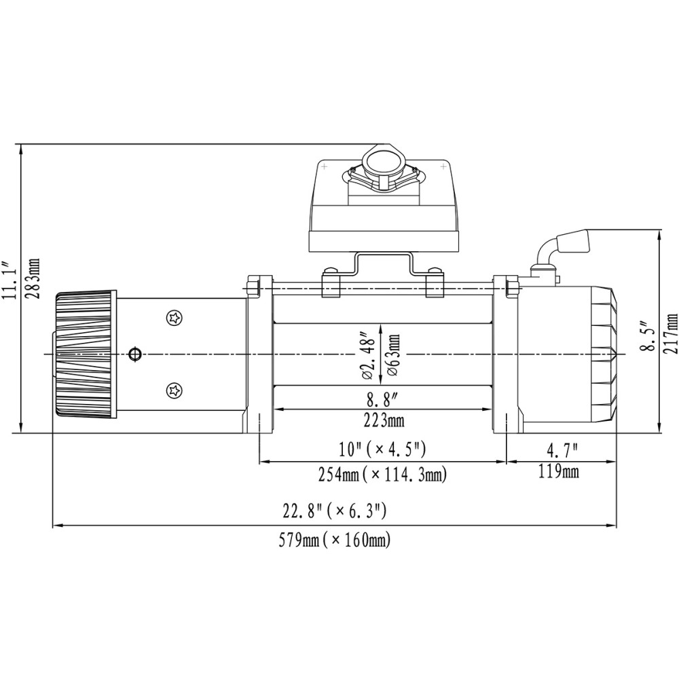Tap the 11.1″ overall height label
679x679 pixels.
[x=9, y=280]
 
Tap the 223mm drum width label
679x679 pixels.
[x=384, y=420]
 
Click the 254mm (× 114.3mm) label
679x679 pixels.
[x=382, y=475]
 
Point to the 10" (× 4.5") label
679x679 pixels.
[x=382, y=449]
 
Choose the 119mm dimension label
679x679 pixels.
[x=559, y=471]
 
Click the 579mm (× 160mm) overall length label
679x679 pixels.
[x=334, y=540]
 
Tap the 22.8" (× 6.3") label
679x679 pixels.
[x=334, y=511]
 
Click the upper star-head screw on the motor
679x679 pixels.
[x=175, y=318]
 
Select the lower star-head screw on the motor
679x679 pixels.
[x=175, y=390]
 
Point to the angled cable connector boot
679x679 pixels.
[x=574, y=241]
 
